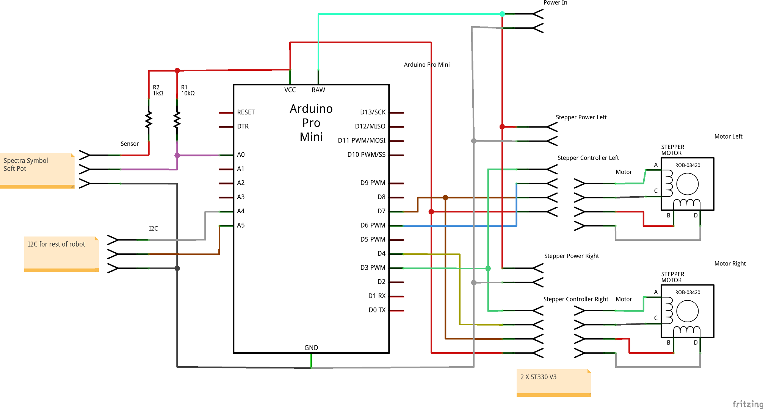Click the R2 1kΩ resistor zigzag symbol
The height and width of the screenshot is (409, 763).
click(149, 120)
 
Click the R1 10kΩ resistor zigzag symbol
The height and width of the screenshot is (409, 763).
click(177, 120)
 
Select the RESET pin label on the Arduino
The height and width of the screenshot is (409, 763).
click(246, 112)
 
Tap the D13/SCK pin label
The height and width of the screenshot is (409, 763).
click(373, 112)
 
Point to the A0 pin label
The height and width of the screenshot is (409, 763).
click(241, 155)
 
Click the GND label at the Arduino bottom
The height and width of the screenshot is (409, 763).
click(311, 348)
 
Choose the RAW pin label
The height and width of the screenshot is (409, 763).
click(318, 90)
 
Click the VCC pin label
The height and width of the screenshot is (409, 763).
click(290, 90)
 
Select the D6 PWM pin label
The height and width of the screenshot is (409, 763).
click(373, 225)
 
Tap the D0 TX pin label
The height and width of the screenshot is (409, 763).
click(377, 310)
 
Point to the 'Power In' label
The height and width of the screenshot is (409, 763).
click(555, 3)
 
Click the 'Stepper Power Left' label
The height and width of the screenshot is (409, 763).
click(581, 117)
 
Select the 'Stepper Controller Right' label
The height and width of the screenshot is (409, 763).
click(576, 299)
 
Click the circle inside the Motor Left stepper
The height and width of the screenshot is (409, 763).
click(687, 184)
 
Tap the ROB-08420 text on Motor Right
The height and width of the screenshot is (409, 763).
click(688, 292)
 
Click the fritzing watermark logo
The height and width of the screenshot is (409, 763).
click(747, 404)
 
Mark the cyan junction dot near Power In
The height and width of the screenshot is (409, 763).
click(502, 14)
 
